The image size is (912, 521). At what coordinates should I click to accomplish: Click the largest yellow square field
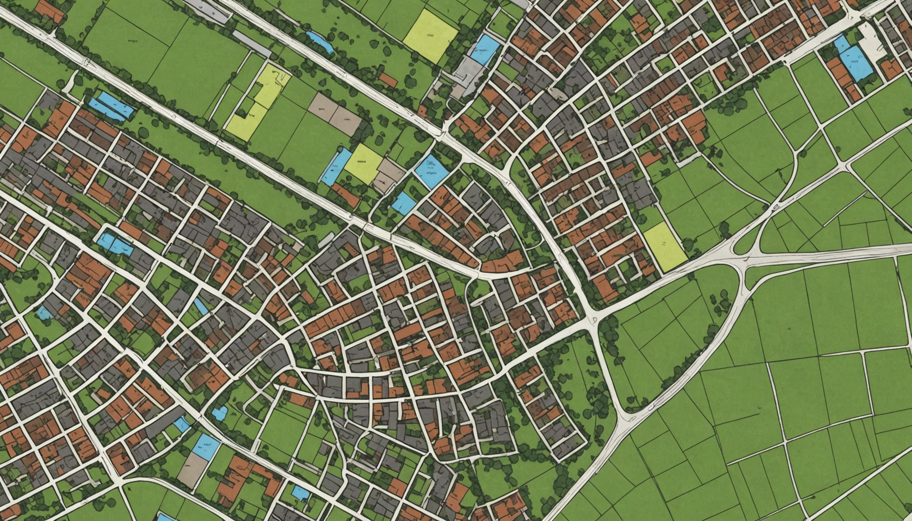pos(430,36)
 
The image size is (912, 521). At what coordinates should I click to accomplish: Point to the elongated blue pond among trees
pos(320,42)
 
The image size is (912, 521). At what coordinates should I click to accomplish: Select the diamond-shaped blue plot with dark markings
pos(431,171)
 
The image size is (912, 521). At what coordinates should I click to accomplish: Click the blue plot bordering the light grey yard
pos(485,49)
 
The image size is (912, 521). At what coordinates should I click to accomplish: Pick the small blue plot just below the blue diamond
pos(403,203)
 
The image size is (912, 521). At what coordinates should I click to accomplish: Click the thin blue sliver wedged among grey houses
pos(201,306)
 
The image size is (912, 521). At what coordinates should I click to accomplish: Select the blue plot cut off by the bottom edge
pos(165,516)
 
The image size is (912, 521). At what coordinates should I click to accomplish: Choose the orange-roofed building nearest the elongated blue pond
pos(387,80)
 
